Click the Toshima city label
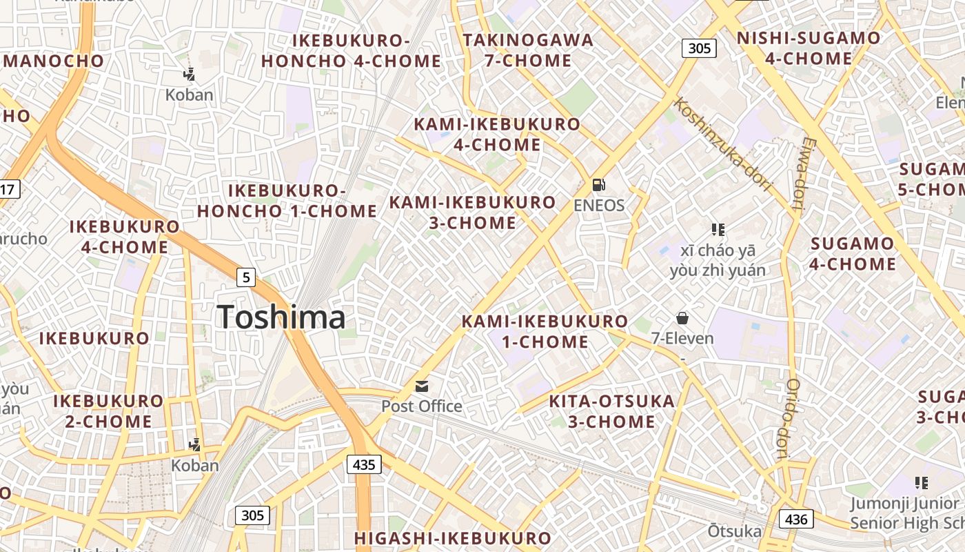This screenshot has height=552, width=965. (281, 317)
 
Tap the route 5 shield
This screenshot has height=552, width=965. (246, 277)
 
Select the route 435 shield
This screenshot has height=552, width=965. (364, 464)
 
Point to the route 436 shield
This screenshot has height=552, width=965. (796, 519)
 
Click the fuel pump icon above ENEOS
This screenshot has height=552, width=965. (599, 185)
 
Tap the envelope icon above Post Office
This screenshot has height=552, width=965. (422, 386)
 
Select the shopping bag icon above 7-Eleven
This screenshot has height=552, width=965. (682, 318)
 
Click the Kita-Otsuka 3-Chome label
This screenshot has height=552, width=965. (611, 411)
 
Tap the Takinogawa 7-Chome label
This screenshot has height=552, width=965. (528, 50)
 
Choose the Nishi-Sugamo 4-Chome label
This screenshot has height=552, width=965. (809, 48)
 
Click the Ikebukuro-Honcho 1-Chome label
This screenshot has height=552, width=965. (287, 201)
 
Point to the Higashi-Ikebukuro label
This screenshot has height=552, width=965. (453, 538)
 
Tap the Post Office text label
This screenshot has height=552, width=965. (422, 406)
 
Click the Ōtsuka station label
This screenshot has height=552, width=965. (734, 531)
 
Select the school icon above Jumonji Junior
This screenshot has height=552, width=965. (921, 483)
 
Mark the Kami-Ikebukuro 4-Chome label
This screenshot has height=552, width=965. (497, 134)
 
